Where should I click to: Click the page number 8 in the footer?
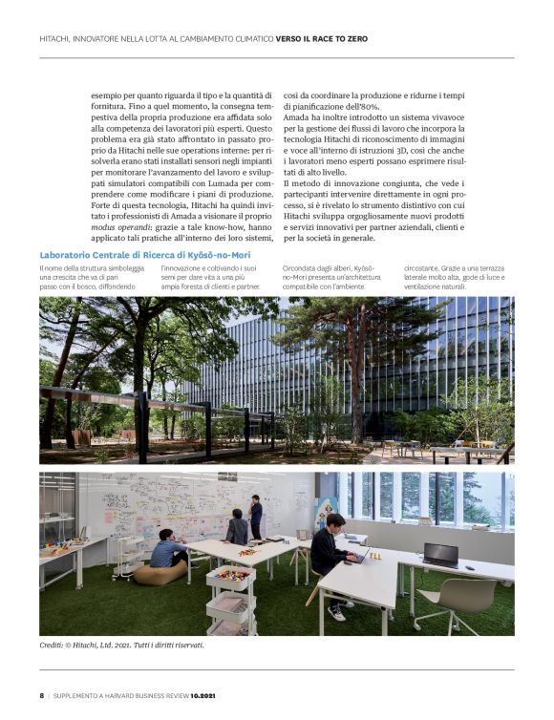click(x=41, y=695)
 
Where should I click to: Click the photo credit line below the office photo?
click(x=121, y=645)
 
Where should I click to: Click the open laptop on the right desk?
click(x=441, y=554)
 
